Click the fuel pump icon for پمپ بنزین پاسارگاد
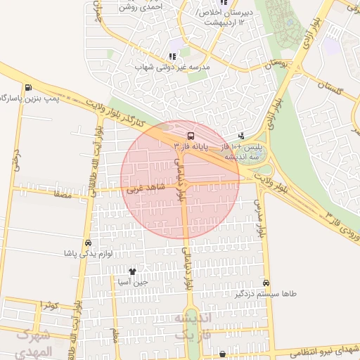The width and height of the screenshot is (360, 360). click(27, 88)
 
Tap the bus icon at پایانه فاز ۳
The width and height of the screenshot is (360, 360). click(191, 134)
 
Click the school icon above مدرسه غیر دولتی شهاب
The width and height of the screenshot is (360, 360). click(172, 56)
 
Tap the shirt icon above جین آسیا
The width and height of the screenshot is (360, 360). click(132, 271)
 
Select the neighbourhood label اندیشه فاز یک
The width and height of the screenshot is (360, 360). click(192, 327)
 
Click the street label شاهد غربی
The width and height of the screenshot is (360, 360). click(143, 188)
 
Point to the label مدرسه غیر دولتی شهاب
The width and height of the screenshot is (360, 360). click(173, 67)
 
